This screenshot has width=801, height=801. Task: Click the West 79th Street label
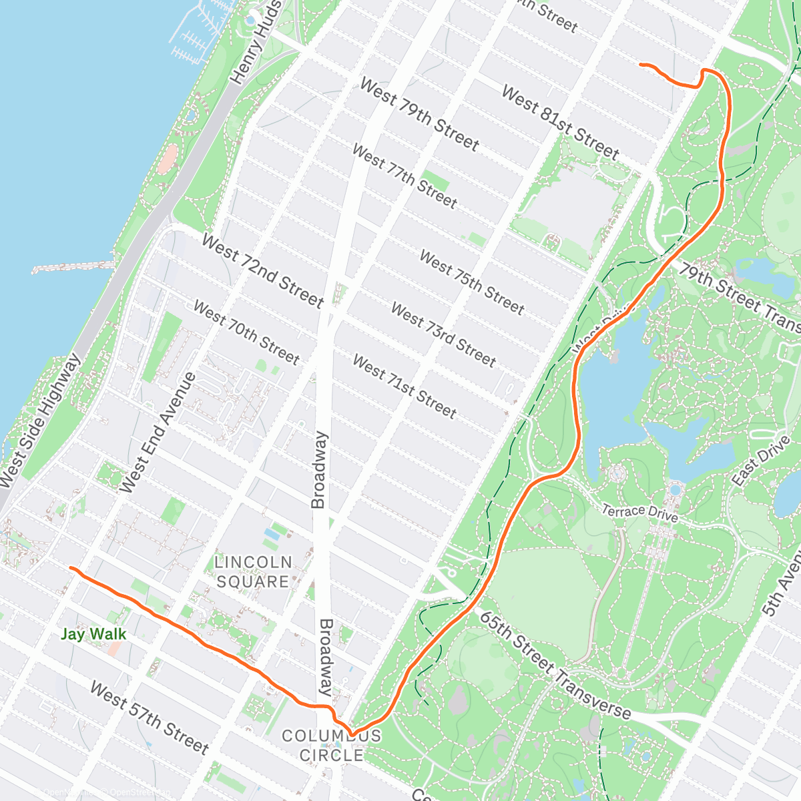[x=419, y=114]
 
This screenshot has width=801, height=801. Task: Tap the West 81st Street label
[x=560, y=122]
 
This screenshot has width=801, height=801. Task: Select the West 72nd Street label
[x=262, y=270]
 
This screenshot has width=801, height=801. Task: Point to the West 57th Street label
[x=150, y=717]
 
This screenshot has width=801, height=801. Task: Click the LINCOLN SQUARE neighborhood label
[x=252, y=572]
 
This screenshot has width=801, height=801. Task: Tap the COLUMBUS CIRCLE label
[x=332, y=746]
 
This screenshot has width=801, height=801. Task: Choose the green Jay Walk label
[x=93, y=634]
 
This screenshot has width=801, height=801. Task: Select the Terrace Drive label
[x=639, y=513]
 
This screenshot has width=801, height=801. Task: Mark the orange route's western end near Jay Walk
[x=71, y=568]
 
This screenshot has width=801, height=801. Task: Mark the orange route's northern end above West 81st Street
[x=641, y=64]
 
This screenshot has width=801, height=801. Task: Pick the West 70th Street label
[x=246, y=332]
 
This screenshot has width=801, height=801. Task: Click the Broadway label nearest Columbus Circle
[x=326, y=657]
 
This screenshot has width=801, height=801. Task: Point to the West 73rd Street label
[x=443, y=335]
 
